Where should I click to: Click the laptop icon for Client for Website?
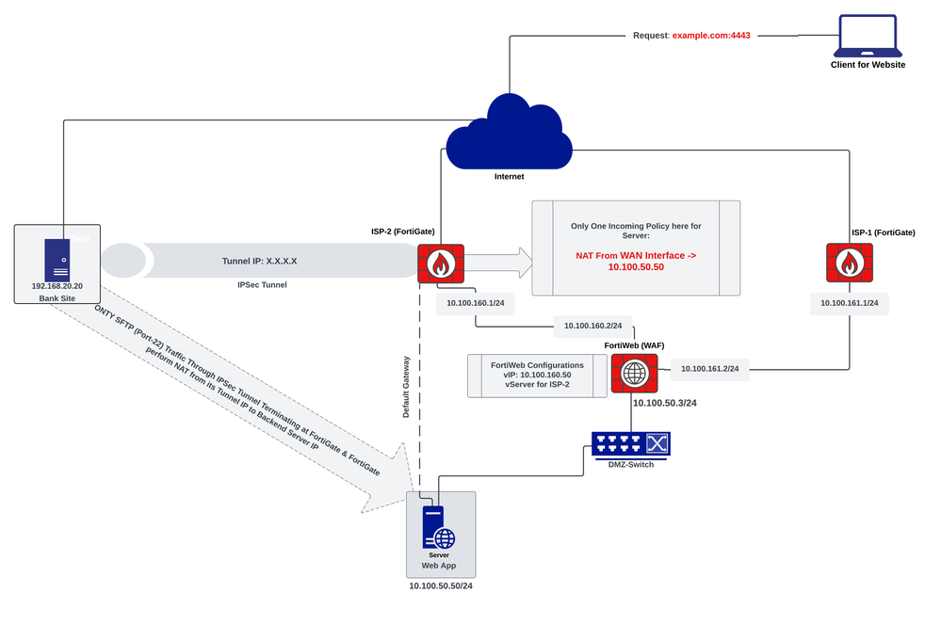868,35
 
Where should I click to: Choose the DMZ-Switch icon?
630,443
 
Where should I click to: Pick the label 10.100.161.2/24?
709,369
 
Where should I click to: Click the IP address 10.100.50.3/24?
665,403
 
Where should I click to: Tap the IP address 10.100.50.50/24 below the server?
440,585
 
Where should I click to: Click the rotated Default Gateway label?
407,386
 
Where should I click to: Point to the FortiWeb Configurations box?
537,375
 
